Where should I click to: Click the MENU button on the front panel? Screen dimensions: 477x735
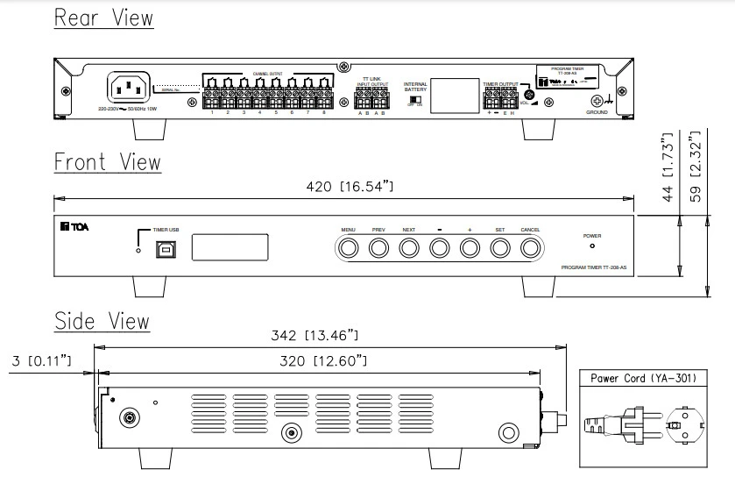pyautogui.click(x=349, y=248)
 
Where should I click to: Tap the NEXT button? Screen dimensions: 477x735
pyautogui.click(x=408, y=248)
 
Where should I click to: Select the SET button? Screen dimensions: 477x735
pyautogui.click(x=499, y=248)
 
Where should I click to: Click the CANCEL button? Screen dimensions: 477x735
pyautogui.click(x=529, y=248)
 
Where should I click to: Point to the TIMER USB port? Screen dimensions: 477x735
pyautogui.click(x=165, y=249)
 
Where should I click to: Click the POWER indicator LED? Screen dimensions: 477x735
pyautogui.click(x=592, y=248)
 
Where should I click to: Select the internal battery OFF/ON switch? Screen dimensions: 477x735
pyautogui.click(x=416, y=101)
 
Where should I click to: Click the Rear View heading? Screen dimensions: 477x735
pyautogui.click(x=103, y=18)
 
